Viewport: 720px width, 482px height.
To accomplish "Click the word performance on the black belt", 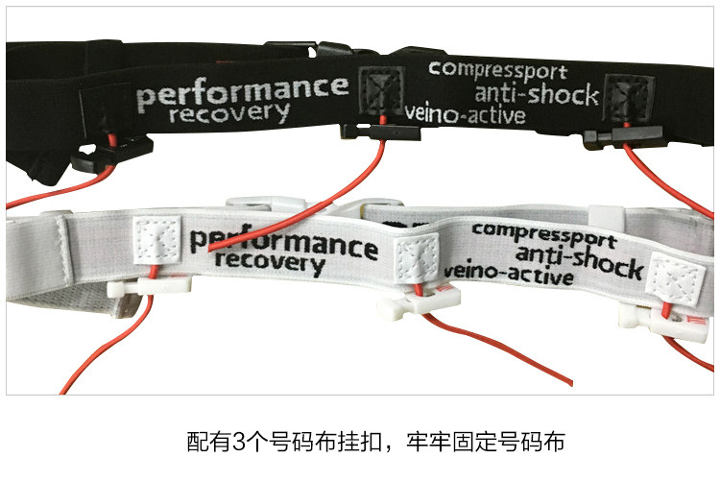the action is click(242, 92).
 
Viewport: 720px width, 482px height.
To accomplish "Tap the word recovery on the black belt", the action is click(228, 114).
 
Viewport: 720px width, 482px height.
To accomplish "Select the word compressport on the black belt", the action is click(497, 69).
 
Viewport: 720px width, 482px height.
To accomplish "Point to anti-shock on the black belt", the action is click(537, 94).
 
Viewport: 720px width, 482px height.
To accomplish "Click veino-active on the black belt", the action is click(467, 115).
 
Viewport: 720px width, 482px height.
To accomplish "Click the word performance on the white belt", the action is click(283, 241).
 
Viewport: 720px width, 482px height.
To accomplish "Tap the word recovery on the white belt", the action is click(271, 261).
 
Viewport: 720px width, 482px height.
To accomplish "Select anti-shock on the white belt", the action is click(570, 253).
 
